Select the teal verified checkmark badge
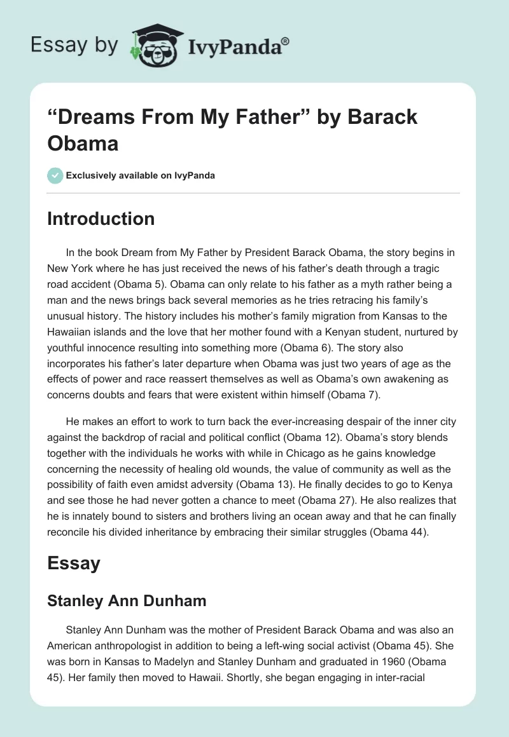click(x=55, y=175)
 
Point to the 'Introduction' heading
click(x=101, y=219)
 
